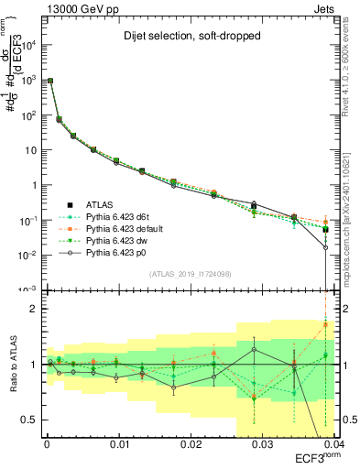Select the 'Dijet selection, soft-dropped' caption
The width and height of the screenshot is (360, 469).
pyautogui.click(x=187, y=36)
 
